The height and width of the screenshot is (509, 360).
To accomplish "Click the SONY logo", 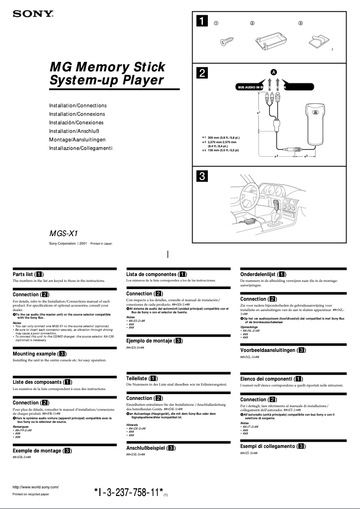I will tap(33, 14).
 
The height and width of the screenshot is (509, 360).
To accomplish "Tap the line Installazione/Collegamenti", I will tap(80, 148).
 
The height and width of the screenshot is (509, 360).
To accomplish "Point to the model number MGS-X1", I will tap(64, 233).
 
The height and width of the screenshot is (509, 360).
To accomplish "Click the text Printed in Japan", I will tap(101, 244).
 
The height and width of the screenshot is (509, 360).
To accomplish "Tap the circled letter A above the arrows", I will tap(273, 72).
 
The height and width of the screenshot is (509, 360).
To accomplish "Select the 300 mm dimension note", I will tap(223, 137).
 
